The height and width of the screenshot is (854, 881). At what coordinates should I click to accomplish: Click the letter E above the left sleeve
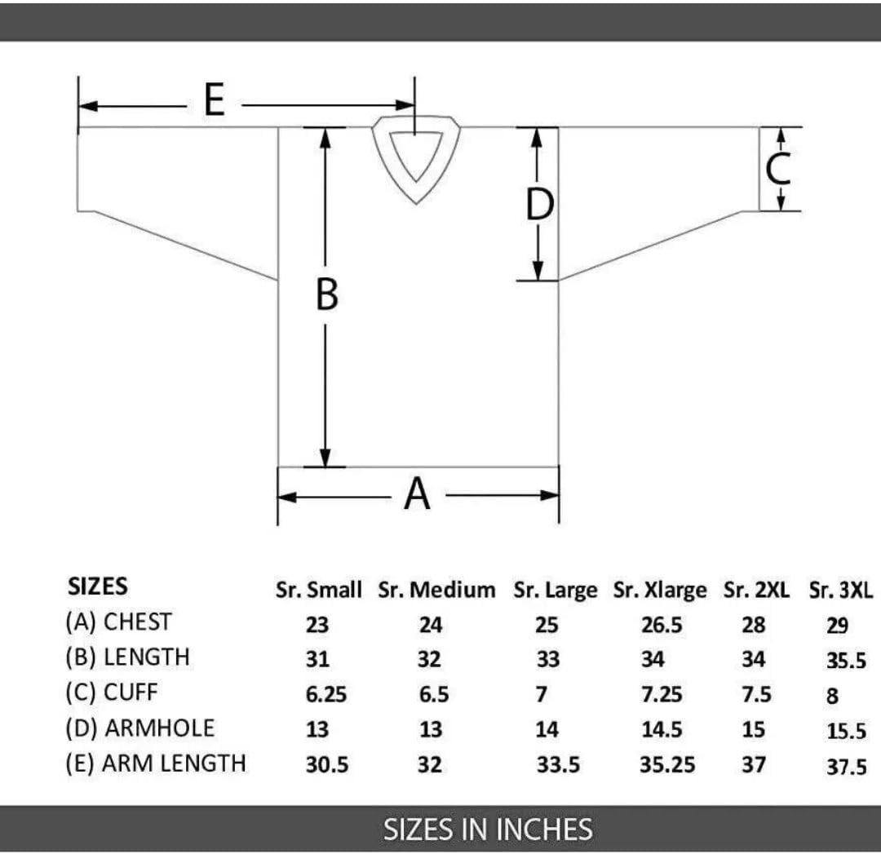[x=214, y=100]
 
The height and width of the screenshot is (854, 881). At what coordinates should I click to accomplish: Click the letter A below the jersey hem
[x=417, y=493]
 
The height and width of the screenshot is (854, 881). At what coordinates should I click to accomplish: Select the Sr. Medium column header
[x=436, y=590]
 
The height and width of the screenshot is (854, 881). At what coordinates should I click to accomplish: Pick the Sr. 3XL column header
[x=841, y=590]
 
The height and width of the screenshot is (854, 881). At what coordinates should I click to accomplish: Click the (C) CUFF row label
[x=111, y=692]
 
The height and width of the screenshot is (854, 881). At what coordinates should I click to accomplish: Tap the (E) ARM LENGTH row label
[x=156, y=763]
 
